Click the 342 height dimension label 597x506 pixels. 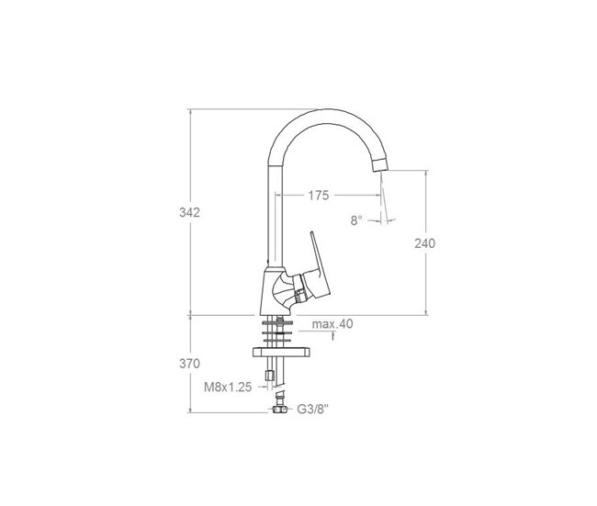tap(189, 212)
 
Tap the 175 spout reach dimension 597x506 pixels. tap(319, 196)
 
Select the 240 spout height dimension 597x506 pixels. tap(424, 243)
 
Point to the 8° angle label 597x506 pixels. tap(356, 220)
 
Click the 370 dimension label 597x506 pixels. tap(189, 364)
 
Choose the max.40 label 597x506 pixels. tap(332, 324)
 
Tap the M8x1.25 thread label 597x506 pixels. tap(228, 388)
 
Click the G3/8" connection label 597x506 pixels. tap(312, 410)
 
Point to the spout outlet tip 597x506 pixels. tap(381, 166)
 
